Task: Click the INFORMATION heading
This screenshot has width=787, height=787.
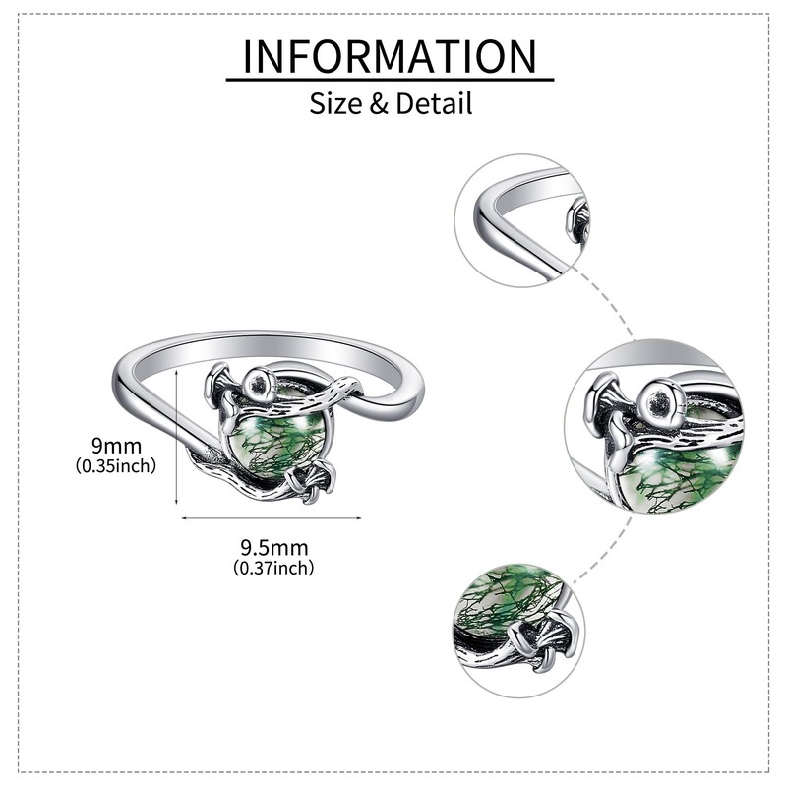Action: coord(390,56)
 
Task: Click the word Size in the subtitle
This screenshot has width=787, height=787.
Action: coord(335,102)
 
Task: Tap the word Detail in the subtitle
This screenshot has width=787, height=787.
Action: coord(433,102)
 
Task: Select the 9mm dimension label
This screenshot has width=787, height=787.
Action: coord(116,447)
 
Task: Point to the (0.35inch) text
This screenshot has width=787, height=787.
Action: coord(116,466)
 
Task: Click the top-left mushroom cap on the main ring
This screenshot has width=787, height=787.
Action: coord(219,379)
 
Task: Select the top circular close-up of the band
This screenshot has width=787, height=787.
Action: coord(521,220)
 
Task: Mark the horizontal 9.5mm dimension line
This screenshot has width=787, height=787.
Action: coord(271,516)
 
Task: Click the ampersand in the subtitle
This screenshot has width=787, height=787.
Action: coord(379,103)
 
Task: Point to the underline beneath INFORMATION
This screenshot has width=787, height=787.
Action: coord(390,80)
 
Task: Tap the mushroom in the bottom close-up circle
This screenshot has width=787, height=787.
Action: coord(543,639)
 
